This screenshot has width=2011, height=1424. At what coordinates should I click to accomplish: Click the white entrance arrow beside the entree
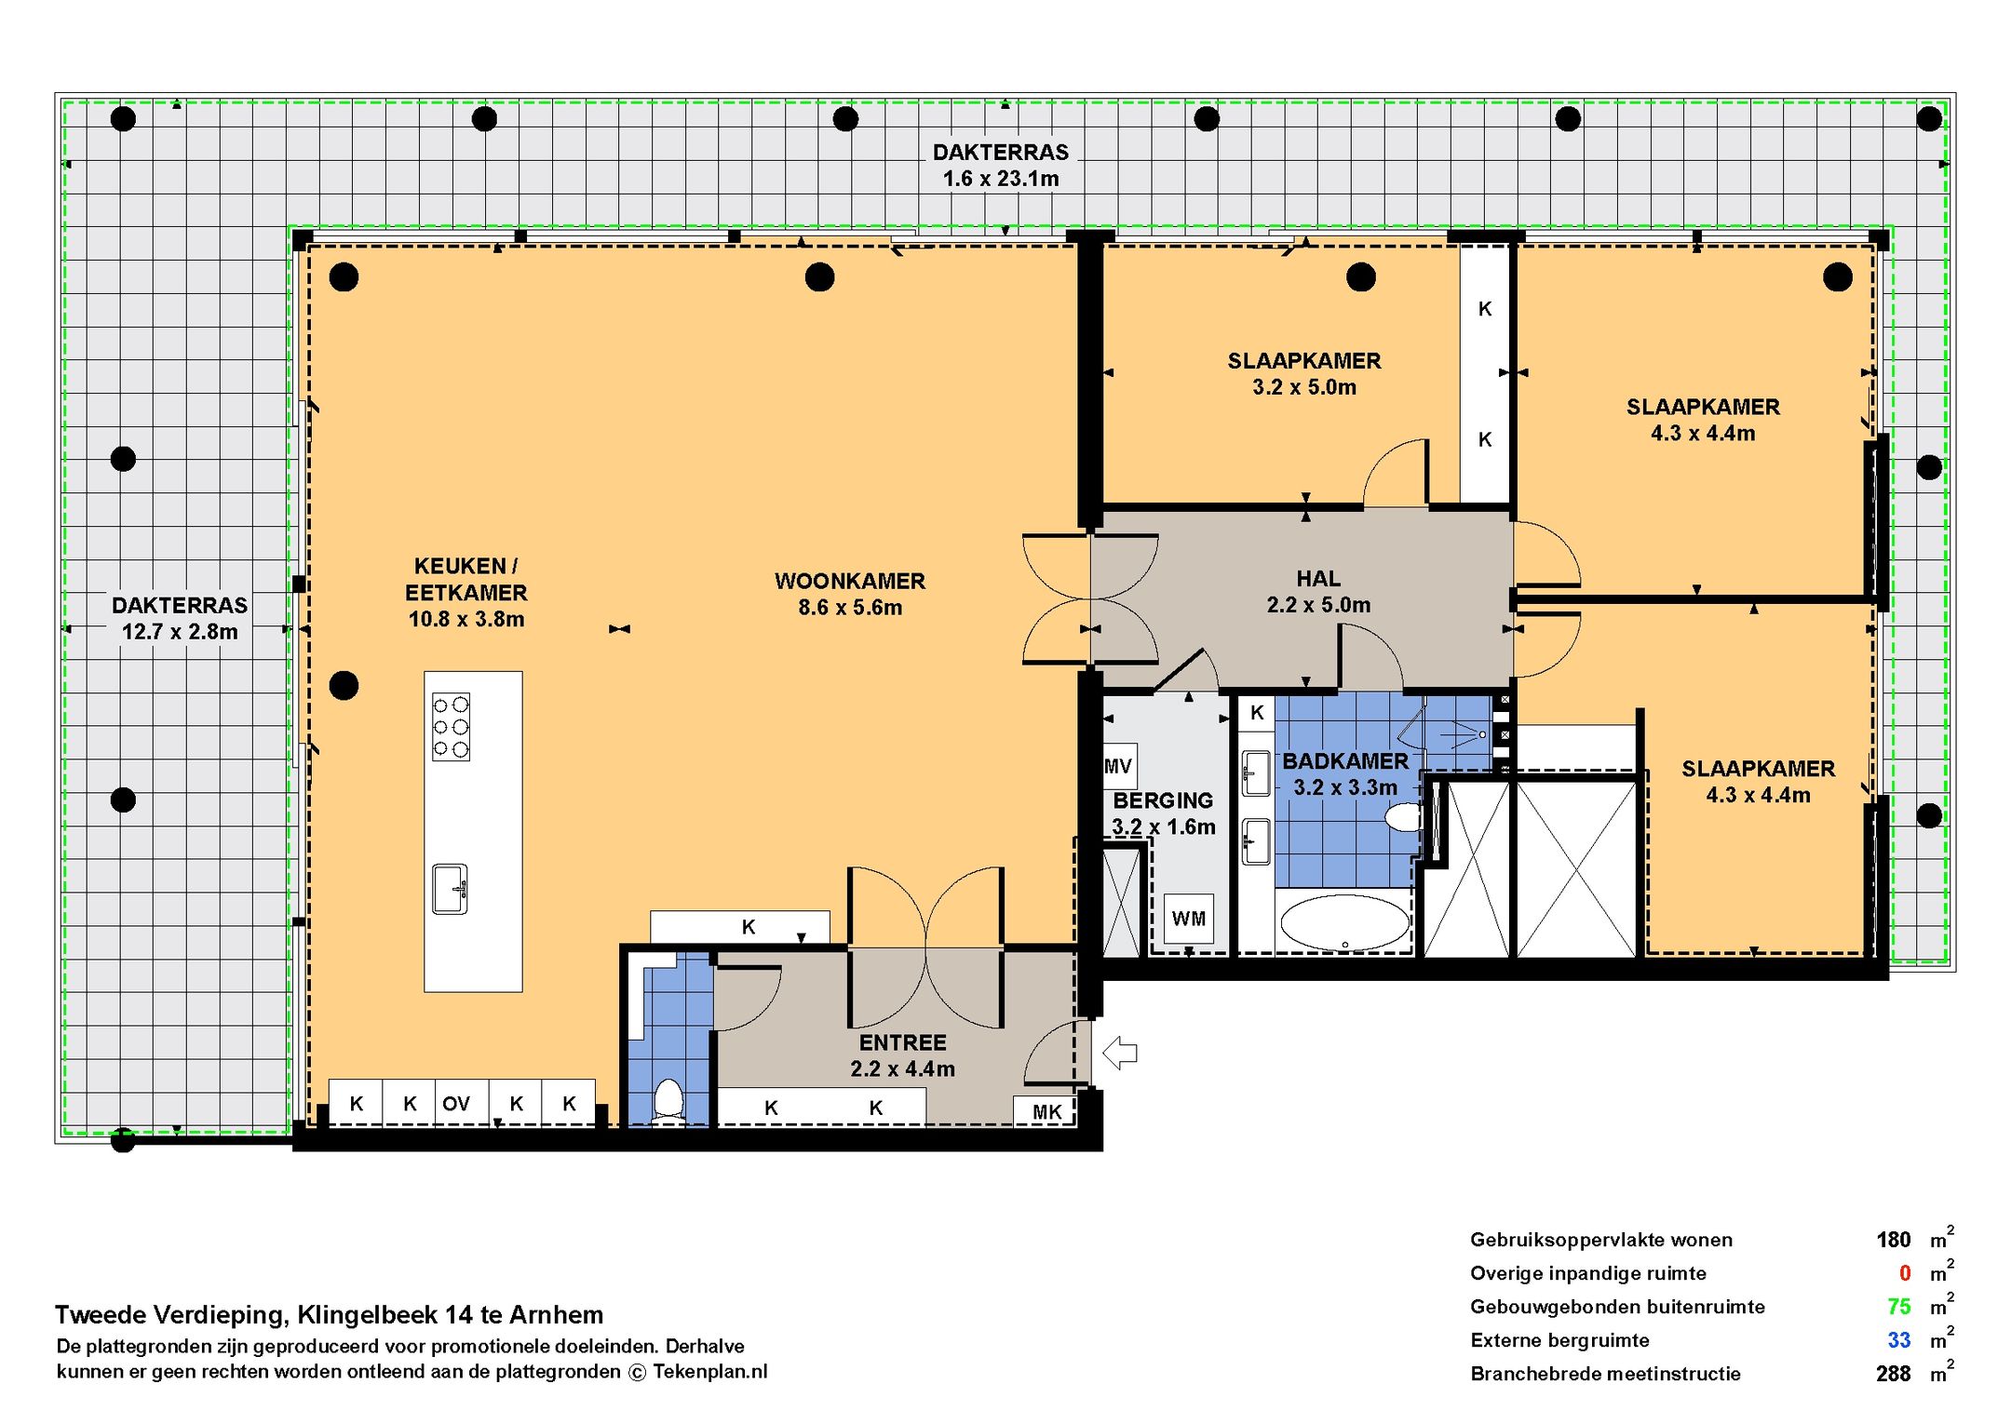click(1120, 1053)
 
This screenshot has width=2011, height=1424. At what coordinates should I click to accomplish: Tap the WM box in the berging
click(1189, 919)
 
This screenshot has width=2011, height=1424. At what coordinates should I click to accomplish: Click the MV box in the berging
click(1118, 766)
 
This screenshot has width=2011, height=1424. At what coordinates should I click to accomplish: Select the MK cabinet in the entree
click(1046, 1111)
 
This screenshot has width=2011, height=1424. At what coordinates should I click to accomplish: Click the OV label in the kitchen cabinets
click(456, 1104)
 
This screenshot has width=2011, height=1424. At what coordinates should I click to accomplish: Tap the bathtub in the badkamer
click(1345, 921)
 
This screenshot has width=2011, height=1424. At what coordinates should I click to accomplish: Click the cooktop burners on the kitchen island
click(451, 727)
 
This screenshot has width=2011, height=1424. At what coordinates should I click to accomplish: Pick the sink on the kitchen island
click(450, 889)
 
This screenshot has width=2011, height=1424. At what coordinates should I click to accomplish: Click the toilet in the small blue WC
click(668, 1099)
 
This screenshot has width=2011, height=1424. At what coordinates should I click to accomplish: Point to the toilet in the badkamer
click(1403, 818)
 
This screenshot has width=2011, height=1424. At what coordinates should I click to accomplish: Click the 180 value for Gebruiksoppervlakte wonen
click(1893, 1240)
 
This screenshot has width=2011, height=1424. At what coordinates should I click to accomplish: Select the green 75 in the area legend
click(1898, 1307)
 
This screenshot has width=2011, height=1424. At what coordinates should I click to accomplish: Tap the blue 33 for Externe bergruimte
click(1899, 1340)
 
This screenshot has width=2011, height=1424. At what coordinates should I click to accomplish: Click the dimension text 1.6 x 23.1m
click(1001, 179)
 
